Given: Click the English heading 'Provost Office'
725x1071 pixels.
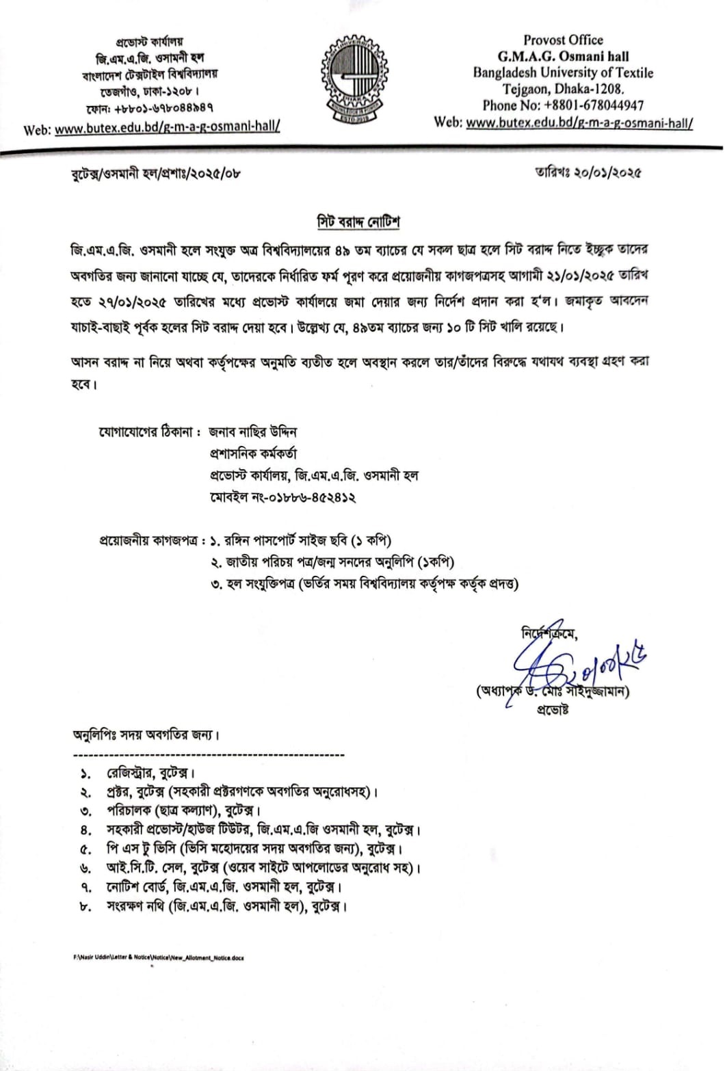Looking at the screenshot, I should point(563,40).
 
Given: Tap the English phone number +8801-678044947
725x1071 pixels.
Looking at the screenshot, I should point(563,105).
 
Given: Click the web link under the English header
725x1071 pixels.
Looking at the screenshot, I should point(579,123).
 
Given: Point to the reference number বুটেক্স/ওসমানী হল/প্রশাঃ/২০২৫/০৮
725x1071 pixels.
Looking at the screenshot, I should point(156,174).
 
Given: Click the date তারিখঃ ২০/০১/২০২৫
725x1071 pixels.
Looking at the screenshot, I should point(588,172).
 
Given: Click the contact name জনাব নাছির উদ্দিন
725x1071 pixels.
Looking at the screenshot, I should point(253,432).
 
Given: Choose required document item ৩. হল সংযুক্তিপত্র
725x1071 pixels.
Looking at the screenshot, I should point(364,584).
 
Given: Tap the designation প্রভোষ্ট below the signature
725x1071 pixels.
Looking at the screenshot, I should point(553,709).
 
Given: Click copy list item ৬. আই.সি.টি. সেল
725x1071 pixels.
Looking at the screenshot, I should point(253,869).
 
